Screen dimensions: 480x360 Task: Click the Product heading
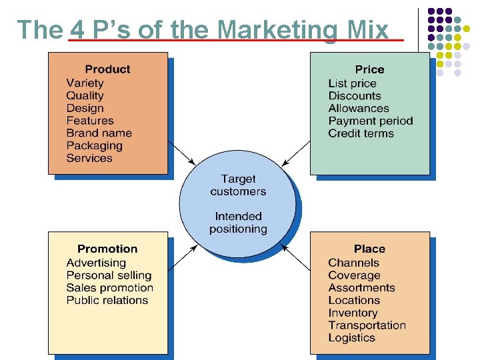(107, 69)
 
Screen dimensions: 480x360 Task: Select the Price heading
(369, 69)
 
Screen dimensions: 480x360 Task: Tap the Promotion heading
(107, 249)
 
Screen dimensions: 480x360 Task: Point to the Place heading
(369, 249)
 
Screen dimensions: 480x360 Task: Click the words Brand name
(99, 133)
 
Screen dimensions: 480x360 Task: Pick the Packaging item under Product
(94, 146)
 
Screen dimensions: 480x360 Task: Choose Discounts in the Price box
(354, 96)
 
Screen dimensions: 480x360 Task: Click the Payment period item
(370, 121)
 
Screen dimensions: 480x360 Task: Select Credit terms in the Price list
(361, 133)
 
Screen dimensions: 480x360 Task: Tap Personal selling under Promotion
(109, 275)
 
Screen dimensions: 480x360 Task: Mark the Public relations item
(107, 301)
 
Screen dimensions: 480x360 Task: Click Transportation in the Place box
(367, 325)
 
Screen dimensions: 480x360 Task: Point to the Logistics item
(351, 338)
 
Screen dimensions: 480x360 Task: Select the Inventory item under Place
(353, 313)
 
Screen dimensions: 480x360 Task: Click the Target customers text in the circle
(238, 185)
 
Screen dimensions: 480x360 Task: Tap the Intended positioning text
(238, 223)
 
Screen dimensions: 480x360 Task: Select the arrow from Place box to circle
(296, 257)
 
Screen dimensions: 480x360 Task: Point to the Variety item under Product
(85, 83)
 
